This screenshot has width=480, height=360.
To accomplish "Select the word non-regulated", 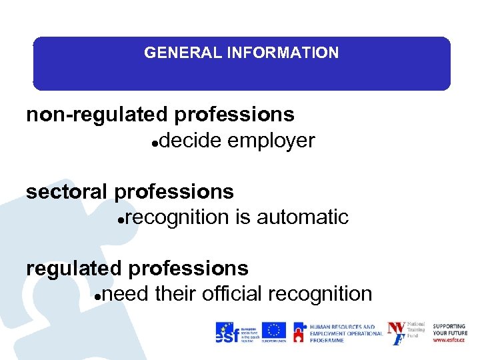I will point(97,115).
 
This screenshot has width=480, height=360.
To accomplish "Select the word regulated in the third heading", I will point(73,269).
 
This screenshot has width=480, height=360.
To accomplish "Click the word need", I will point(125,294).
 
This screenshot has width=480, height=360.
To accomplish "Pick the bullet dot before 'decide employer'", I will point(155,143).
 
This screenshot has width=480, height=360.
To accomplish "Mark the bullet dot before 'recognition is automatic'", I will point(119,219).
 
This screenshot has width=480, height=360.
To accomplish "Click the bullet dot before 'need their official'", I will point(97,296).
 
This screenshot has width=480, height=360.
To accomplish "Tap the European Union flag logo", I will point(273,331).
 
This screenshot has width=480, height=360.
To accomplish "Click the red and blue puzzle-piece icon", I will point(299,333).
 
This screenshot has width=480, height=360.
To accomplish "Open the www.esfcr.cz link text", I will point(449,340).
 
